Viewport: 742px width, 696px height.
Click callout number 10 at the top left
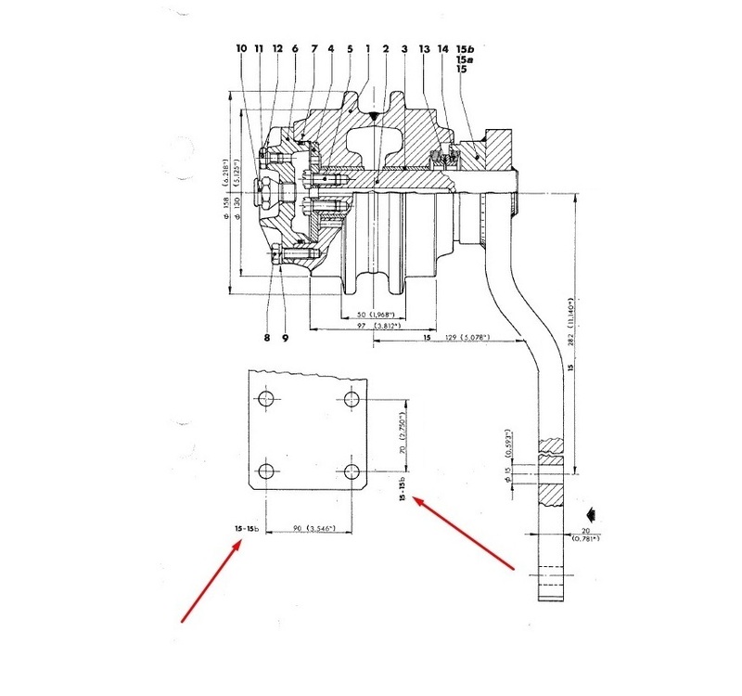click(x=241, y=48)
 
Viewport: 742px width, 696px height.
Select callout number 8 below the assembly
click(x=266, y=338)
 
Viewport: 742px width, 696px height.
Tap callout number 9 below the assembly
click(x=285, y=338)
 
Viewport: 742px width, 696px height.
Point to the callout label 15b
click(x=465, y=48)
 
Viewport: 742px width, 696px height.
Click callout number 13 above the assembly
click(x=425, y=48)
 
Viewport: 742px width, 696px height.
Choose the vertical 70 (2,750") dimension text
click(x=401, y=433)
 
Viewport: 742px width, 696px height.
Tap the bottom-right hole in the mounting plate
click(x=352, y=468)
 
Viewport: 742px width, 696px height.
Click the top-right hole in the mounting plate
click(x=352, y=399)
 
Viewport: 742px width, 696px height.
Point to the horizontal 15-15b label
click(x=248, y=529)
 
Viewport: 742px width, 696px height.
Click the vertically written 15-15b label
click(x=402, y=491)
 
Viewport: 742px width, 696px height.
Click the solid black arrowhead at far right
click(x=589, y=511)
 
